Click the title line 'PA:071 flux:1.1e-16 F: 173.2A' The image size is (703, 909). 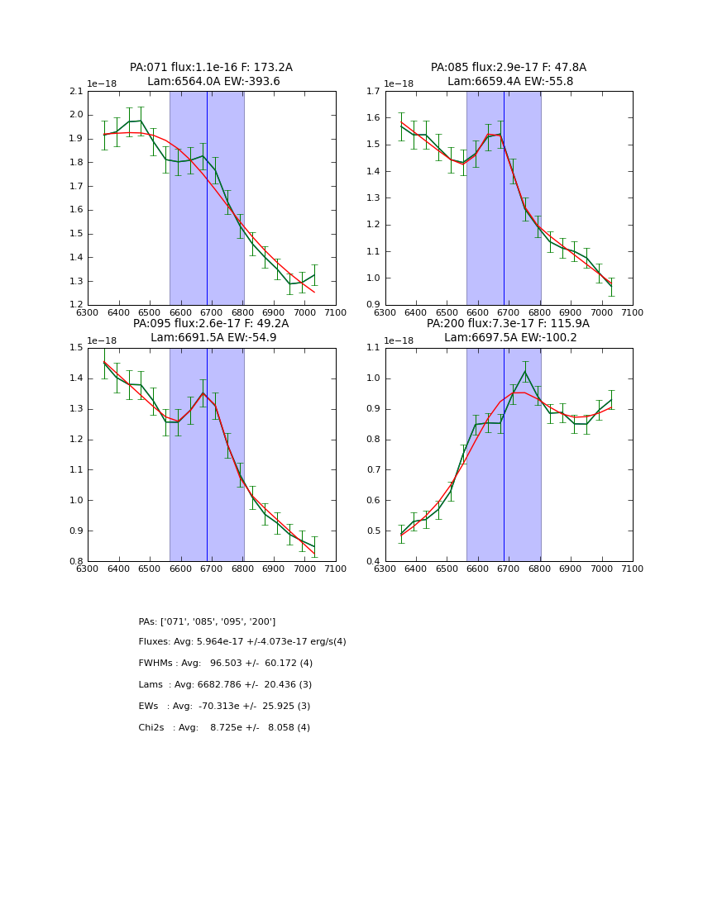[211, 68]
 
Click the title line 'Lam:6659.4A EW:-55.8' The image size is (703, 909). [509, 82]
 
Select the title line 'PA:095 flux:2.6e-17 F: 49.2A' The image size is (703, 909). [211, 324]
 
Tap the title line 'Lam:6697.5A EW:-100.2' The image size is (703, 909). [509, 338]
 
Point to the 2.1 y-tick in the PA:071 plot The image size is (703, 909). [75, 91]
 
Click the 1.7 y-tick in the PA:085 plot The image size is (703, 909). [373, 91]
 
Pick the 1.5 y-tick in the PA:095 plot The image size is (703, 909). [75, 348]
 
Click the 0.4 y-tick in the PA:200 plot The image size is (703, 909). [373, 561]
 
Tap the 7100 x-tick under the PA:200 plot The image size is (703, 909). [633, 569]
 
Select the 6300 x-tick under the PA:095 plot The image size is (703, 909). [88, 569]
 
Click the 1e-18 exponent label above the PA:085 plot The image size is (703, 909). [399, 84]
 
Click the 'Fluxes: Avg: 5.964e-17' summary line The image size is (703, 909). [242, 642]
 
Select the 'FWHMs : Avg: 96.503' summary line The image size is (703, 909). [226, 664]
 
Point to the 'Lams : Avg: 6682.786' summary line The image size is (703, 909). [225, 685]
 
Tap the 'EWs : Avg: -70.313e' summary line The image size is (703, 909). [224, 707]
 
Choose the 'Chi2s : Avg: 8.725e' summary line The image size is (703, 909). [224, 728]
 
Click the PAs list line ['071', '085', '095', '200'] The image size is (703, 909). [207, 621]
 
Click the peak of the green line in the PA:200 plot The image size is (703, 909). [524, 371]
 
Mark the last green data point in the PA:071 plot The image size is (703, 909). [314, 275]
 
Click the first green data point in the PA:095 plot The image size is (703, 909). [104, 362]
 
